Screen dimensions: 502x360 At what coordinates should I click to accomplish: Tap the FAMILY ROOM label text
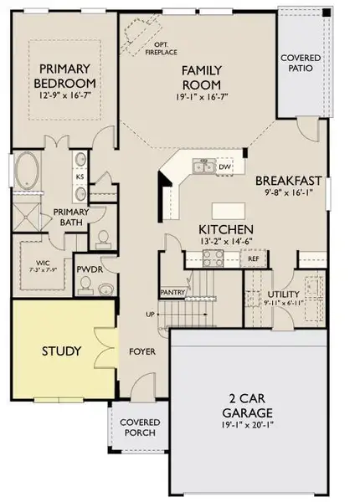tap(201, 78)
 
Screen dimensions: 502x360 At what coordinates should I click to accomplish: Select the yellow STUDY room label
tap(62, 351)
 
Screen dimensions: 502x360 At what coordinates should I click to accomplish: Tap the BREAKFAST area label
tap(289, 180)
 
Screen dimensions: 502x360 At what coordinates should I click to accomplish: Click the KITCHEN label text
tap(225, 229)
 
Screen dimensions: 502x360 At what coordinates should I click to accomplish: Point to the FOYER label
tap(143, 352)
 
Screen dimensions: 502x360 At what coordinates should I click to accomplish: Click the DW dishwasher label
tap(224, 166)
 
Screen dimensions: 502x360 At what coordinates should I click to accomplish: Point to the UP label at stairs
tap(151, 315)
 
